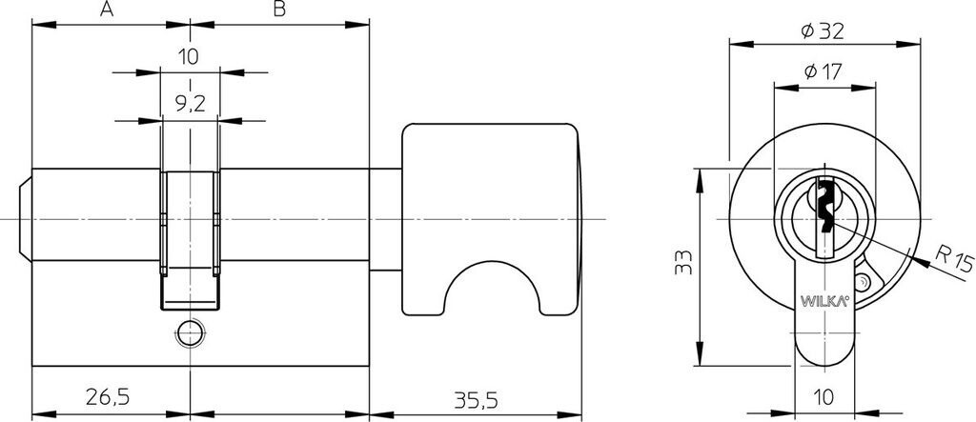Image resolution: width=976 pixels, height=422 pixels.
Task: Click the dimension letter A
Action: point(107,10)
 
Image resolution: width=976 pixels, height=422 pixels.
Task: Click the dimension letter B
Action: point(279,10)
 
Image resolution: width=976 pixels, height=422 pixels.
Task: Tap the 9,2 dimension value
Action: point(190,103)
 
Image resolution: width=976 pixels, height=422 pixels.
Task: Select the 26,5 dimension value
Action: point(107,396)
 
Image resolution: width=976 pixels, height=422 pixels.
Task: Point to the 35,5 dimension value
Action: point(476,400)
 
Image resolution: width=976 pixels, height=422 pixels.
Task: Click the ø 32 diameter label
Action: point(823,30)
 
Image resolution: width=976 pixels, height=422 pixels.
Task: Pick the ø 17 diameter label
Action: point(823,72)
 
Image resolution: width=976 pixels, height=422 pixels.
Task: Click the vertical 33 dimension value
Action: point(682,262)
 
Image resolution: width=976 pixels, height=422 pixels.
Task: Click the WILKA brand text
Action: point(824,302)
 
